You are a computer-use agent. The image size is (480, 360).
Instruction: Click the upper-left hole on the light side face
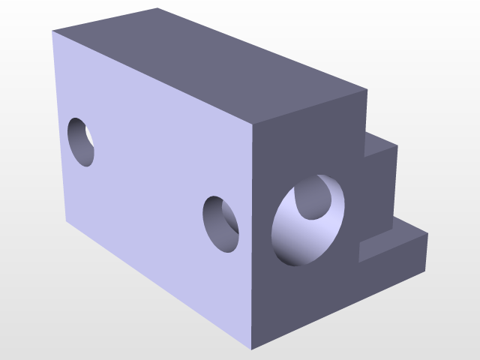click(80, 141)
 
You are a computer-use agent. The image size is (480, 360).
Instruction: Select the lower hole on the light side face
click(220, 223)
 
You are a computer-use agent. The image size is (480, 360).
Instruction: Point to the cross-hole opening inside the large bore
click(313, 199)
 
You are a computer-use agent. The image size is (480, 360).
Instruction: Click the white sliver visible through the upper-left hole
click(89, 135)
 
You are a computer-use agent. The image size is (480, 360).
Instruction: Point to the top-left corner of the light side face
click(52, 32)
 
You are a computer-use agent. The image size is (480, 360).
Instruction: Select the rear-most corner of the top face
click(158, 8)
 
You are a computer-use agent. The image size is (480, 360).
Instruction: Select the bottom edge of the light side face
click(157, 286)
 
